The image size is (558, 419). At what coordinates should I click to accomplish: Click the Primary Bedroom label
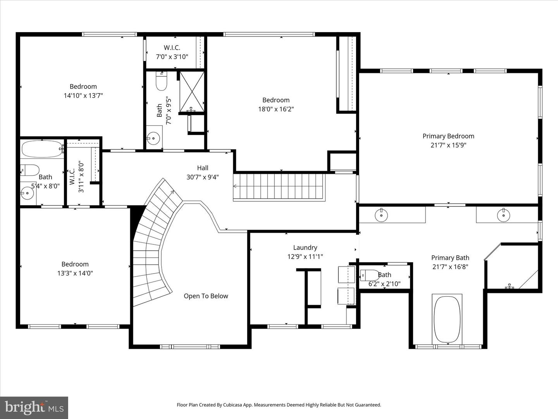pos(448,136)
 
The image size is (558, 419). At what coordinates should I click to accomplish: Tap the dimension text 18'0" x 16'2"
pos(276,109)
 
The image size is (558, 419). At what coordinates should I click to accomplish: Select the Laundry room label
pos(305,248)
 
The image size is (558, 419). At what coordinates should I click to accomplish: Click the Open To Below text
pos(206,296)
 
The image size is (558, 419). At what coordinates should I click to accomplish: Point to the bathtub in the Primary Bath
pos(447,319)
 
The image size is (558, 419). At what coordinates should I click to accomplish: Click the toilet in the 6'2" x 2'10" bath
pos(370,275)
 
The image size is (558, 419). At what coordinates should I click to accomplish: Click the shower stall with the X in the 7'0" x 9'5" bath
pos(192,90)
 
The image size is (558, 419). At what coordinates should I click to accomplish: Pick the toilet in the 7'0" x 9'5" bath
pos(161,81)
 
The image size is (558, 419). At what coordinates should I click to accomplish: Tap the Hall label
pos(202,168)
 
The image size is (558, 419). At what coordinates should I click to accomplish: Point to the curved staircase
pos(153,248)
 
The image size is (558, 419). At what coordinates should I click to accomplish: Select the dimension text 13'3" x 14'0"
pos(75,273)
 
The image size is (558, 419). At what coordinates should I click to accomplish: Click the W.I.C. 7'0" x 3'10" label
pos(172,52)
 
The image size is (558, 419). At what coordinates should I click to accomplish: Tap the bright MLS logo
pos(34,407)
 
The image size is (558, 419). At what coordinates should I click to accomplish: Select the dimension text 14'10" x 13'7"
pos(83,95)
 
